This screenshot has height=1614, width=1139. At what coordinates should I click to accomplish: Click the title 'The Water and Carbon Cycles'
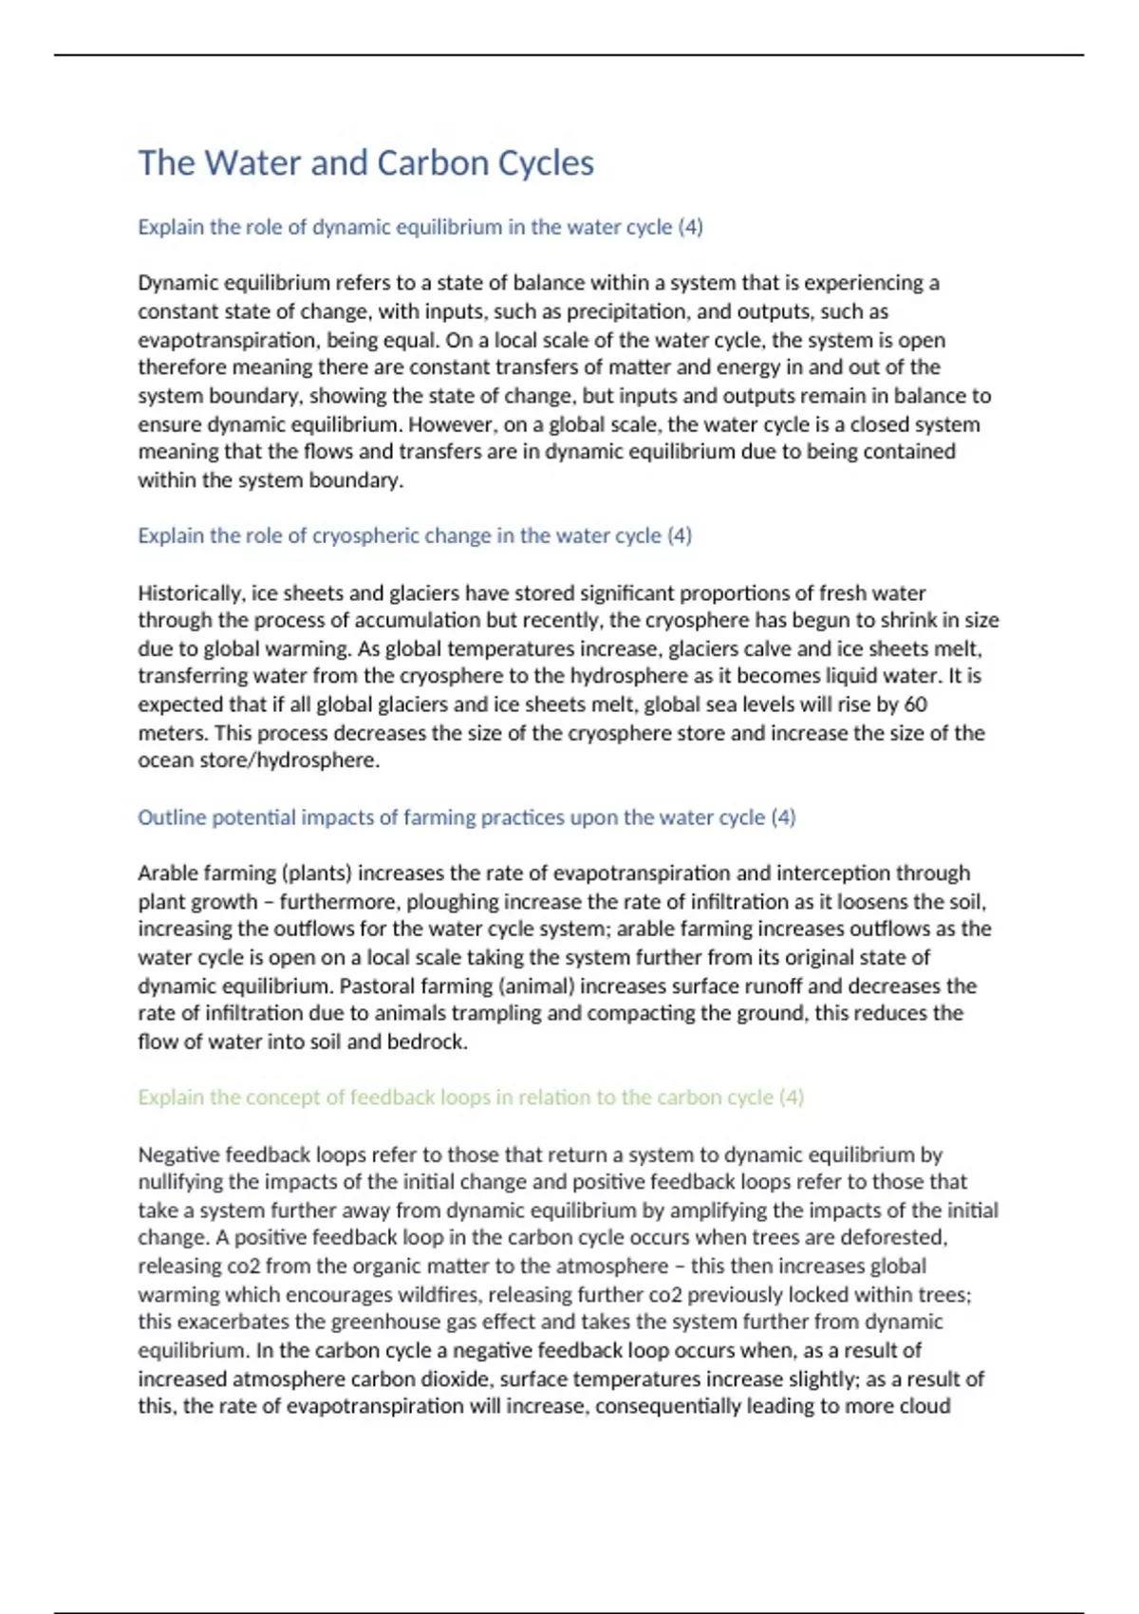365,163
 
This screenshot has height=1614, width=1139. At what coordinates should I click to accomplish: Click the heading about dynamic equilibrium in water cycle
420,227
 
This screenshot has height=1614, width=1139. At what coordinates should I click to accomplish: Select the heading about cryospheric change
414,535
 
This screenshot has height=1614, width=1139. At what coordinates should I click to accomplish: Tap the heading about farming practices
466,817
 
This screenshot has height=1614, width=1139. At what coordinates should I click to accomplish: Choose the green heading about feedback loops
470,1098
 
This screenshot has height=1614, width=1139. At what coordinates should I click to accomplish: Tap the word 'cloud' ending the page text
924,1406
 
